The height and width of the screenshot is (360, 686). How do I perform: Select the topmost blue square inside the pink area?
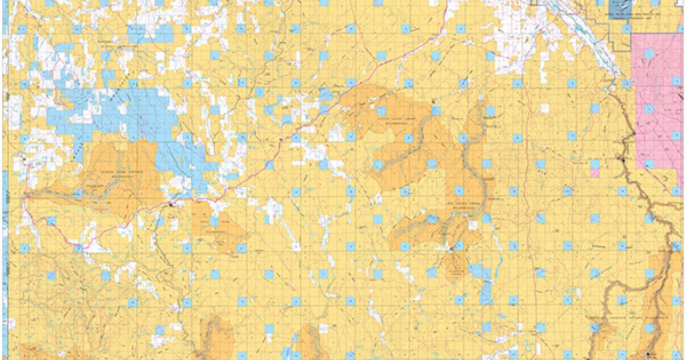pyautogui.click(x=649, y=54)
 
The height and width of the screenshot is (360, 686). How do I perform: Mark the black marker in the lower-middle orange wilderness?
pyautogui.click(x=451, y=249)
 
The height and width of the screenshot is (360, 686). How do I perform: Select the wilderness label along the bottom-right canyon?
pyautogui.click(x=629, y=316)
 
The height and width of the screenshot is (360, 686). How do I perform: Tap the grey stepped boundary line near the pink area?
pyautogui.click(x=612, y=40)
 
